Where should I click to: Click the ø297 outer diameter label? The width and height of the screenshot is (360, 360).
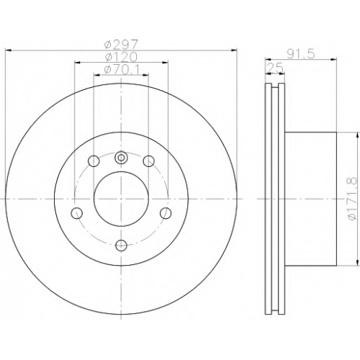tap(121, 44)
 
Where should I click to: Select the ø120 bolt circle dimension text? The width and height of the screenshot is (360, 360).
tap(121, 57)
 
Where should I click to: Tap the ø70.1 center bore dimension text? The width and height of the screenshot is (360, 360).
tap(121, 69)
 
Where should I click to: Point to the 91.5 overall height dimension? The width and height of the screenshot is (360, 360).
tap(301, 54)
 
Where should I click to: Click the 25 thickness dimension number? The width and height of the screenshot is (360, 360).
tap(275, 68)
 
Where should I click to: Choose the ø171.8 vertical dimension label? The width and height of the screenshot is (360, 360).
tap(352, 199)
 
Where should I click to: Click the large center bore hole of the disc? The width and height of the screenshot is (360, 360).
tap(121, 199)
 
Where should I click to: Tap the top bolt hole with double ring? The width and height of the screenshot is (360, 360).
tap(121, 158)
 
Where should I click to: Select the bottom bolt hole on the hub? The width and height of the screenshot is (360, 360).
tap(121, 245)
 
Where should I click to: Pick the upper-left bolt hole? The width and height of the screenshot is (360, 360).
tap(94, 161)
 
